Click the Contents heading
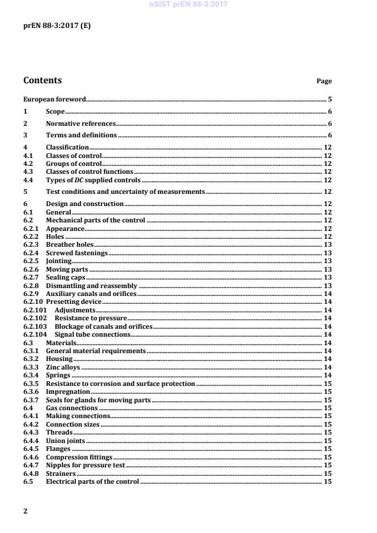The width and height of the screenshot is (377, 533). pyautogui.click(x=42, y=80)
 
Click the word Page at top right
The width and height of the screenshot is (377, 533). pyautogui.click(x=324, y=81)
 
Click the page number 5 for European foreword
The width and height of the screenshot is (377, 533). pyautogui.click(x=329, y=98)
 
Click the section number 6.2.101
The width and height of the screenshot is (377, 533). pyautogui.click(x=34, y=310)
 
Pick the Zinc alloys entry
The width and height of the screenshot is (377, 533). pyautogui.click(x=63, y=367)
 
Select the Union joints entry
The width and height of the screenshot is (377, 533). pyautogui.click(x=65, y=441)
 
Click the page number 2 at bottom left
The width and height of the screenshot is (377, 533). pyautogui.click(x=25, y=511)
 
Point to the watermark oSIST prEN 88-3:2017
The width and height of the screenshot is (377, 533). pyautogui.click(x=188, y=5)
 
